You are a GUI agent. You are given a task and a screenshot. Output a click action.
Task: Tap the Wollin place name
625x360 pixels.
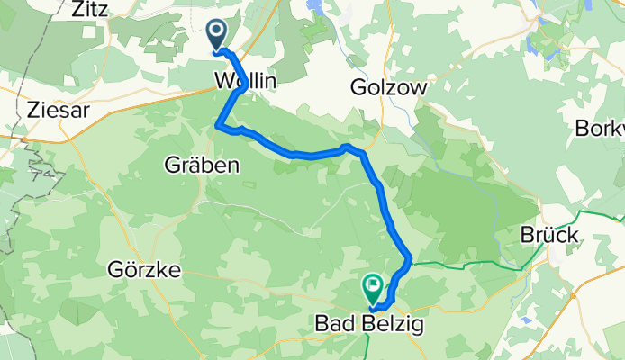[245, 81]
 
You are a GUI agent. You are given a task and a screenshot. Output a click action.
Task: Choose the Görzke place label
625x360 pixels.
[143, 269]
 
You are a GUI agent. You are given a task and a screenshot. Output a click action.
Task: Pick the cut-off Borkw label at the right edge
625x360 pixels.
[600, 128]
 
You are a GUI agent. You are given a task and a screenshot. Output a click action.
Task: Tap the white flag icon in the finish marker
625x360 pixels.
[372, 285]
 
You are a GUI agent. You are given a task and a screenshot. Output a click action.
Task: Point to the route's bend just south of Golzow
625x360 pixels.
[347, 146]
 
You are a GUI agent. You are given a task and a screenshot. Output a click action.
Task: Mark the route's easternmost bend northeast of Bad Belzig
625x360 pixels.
[411, 258]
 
